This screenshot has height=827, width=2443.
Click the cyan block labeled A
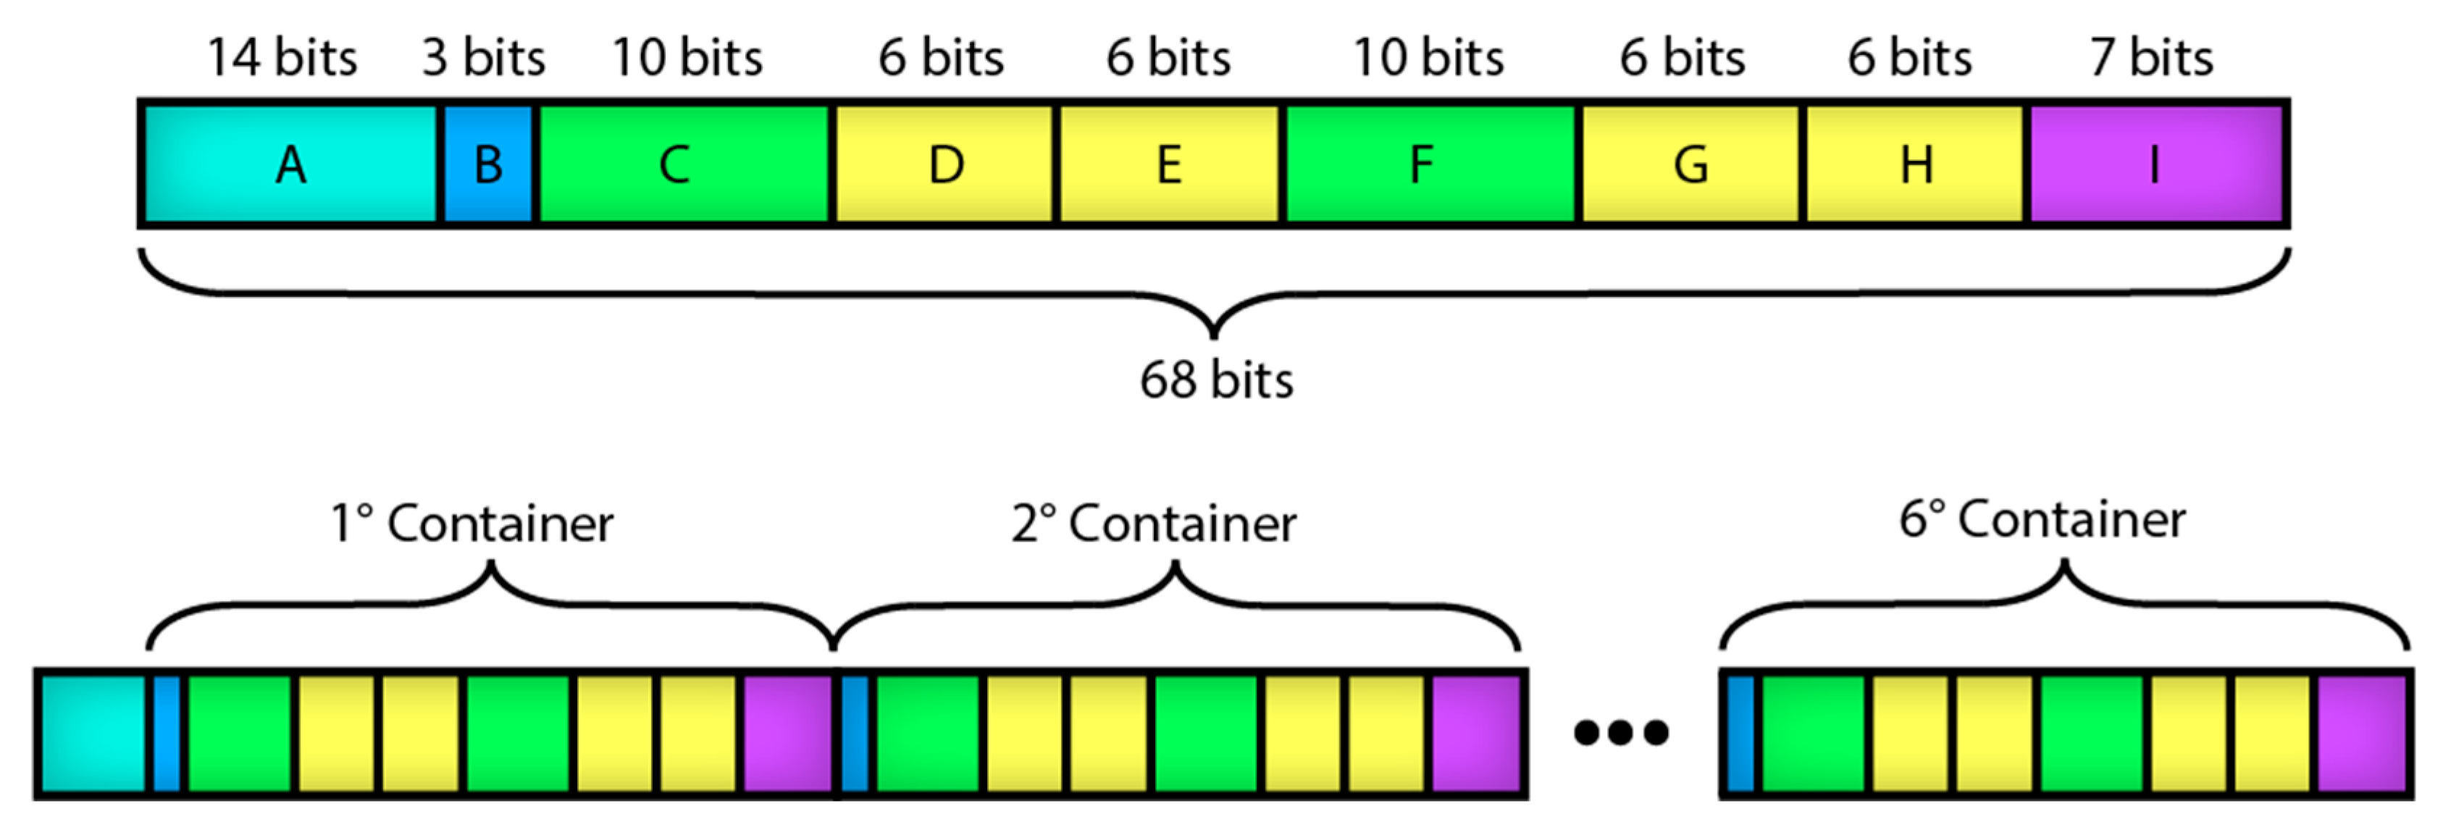290,164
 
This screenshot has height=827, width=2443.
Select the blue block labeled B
487,164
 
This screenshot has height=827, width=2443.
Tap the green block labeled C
683,164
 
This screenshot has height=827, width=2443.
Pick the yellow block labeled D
944,164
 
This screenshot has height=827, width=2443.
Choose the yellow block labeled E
1168,164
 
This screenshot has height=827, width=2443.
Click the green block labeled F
1428,164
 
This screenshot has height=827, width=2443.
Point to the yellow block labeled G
1690,164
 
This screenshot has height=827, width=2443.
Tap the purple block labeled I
2155,164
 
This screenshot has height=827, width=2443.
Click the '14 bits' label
282,58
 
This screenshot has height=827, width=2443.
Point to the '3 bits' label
484,58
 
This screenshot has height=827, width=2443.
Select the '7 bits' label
2151,58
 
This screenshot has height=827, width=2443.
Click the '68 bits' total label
1216,380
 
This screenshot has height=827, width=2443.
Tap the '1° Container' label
472,524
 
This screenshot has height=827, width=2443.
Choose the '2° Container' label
1153,524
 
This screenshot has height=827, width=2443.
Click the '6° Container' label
2042,520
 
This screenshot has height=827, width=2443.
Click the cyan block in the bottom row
93,733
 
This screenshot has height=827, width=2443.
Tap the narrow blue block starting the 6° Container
1740,733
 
